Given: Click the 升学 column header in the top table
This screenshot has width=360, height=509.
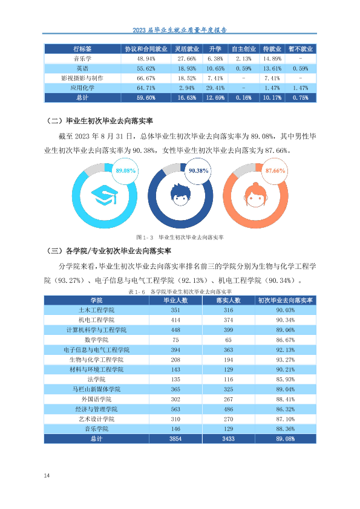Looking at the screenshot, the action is point(215,49).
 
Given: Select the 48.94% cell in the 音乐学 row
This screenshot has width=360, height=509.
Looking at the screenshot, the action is point(146,59).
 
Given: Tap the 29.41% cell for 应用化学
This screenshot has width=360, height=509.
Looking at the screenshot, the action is point(215,88).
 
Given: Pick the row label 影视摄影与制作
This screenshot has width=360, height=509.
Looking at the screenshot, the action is point(82,78).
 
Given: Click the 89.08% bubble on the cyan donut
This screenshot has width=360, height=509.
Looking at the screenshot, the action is point(126,170).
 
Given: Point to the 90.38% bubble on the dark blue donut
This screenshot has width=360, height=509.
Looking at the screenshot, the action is point(198,170).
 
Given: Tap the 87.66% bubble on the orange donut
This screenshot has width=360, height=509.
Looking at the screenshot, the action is point(275,170).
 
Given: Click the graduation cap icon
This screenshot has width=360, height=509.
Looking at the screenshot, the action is point(104,195).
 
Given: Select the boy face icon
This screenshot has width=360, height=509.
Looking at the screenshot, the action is point(180,195).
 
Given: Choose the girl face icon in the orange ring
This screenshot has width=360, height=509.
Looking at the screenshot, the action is point(255,195).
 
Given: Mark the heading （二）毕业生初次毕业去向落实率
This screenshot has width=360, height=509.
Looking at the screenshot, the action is point(100,121).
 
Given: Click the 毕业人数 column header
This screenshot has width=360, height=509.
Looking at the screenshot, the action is point(175,300).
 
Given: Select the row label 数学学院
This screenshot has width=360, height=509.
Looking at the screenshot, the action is point(96,340).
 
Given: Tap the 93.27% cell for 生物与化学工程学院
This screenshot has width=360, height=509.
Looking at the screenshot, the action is point(285,360).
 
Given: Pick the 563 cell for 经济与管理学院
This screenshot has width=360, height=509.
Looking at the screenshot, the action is point(175,409).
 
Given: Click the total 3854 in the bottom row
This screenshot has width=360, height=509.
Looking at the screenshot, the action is point(175,439).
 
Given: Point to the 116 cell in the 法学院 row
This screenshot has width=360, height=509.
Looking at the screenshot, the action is point(229,380).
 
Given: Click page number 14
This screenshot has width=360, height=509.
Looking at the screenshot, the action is point(47,476).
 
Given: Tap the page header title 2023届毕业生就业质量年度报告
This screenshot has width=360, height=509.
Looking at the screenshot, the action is point(180,30).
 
